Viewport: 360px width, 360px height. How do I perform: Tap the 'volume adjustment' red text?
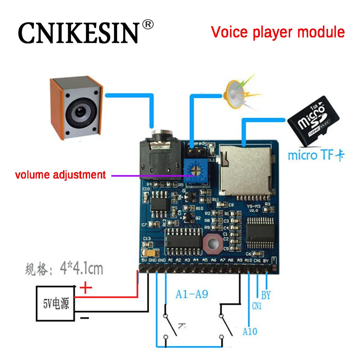(60, 175)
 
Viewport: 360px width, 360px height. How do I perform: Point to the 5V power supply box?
(56, 303)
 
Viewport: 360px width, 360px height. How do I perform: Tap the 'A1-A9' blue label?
(192, 294)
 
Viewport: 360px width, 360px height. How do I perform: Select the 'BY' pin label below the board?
(266, 296)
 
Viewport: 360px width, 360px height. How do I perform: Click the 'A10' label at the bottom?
(250, 331)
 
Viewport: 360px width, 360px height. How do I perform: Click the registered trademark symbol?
(148, 24)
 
